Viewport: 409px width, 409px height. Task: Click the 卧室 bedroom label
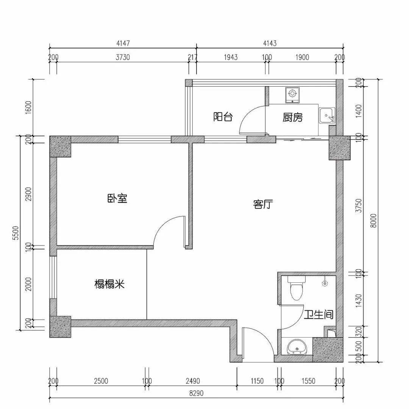[x=117, y=198]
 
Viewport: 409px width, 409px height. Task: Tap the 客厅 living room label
[x=263, y=204]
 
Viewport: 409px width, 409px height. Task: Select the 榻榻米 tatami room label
[x=109, y=284]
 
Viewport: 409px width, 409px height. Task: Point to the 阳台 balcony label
[x=223, y=116]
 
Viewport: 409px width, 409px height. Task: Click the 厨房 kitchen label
[x=293, y=118]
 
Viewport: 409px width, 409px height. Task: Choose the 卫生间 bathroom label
[x=318, y=314]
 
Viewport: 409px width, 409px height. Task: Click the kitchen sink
[x=327, y=115]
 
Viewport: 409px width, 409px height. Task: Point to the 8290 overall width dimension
[x=196, y=393]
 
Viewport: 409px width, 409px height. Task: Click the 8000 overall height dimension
[x=374, y=221]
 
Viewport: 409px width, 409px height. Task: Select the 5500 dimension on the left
[x=16, y=233]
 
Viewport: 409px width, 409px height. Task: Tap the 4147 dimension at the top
[x=123, y=43]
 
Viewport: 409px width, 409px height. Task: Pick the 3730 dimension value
[x=123, y=57]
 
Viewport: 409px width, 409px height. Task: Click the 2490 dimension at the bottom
[x=193, y=381]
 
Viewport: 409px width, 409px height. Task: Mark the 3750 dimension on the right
[x=359, y=206]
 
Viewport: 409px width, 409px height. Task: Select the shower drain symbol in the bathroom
[x=325, y=282]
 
